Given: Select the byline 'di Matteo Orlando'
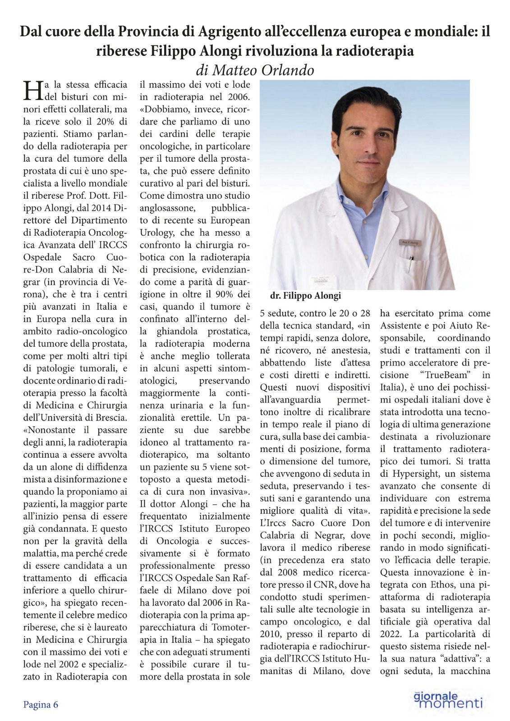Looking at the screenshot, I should pyautogui.click(x=255, y=70).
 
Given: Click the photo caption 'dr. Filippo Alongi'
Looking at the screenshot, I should pyautogui.click(x=305, y=296).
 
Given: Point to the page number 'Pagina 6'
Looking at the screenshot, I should pyautogui.click(x=41, y=704).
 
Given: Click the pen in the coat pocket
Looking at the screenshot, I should pyautogui.click(x=411, y=264).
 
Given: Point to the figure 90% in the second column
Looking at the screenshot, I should pyautogui.click(x=222, y=294).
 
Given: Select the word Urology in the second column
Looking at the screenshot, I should pyautogui.click(x=158, y=233).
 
